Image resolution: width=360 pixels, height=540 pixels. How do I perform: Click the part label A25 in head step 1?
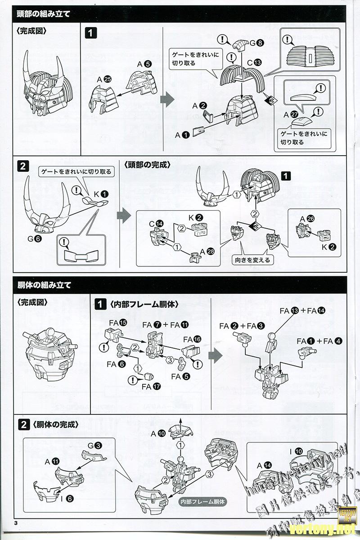coord(103,79)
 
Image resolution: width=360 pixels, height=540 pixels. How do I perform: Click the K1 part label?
coord(101,194)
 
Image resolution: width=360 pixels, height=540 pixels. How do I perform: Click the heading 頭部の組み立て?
coord(43,13)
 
